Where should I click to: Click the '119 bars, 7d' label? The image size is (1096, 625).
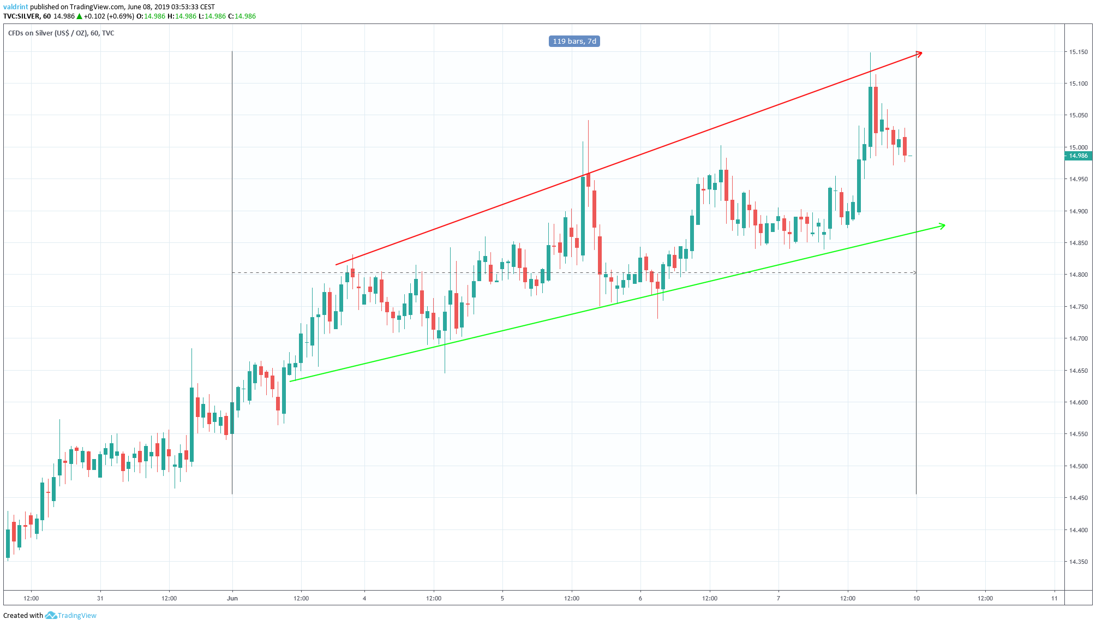point(574,41)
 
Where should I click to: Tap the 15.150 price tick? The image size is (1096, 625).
point(1078,52)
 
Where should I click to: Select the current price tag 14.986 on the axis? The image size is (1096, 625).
point(1078,156)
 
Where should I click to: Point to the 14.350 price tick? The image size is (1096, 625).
point(1078,562)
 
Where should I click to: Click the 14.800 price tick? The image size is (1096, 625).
point(1078,275)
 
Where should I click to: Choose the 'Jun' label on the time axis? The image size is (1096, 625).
point(232,598)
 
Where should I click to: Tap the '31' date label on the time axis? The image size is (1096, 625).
point(100,598)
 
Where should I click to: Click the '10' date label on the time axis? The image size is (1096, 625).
point(917,598)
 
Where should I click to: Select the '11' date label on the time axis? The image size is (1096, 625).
point(1055,598)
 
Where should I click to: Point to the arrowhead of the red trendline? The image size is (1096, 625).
point(920,53)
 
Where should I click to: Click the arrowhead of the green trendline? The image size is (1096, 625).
point(943,225)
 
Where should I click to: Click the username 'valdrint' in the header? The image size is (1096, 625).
point(16,7)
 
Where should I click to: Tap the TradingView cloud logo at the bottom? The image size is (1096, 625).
point(51,615)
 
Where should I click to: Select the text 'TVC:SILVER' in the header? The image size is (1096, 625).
point(21,16)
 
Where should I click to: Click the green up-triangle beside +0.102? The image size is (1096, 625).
point(79,16)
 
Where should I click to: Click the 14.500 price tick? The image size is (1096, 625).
point(1078,466)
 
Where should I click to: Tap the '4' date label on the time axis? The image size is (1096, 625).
point(364,598)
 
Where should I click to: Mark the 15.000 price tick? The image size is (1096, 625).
point(1078,147)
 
